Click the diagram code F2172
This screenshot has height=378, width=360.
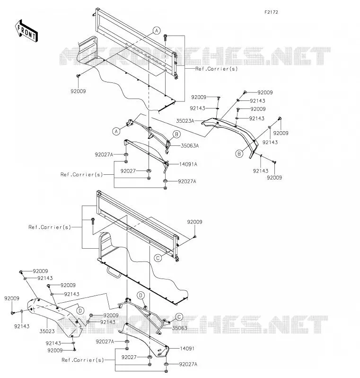(271, 12)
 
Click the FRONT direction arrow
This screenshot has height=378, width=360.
(26, 31)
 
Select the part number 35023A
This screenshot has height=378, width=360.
(185, 121)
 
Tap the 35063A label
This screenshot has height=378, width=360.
(190, 145)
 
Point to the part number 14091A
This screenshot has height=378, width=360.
(188, 164)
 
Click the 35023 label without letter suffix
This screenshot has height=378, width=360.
(47, 331)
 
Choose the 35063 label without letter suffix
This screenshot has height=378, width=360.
(180, 328)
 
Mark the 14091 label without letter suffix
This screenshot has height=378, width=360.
(187, 349)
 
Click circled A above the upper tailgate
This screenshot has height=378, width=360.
(157, 31)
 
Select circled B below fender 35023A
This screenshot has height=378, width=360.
(239, 153)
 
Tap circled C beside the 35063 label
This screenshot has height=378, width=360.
(179, 317)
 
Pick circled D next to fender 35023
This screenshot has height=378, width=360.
(80, 311)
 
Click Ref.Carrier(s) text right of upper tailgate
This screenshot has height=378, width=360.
(217, 69)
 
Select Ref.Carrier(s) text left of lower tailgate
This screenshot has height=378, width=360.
(50, 227)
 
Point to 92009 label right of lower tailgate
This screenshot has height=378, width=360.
(194, 222)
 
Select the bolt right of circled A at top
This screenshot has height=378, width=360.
(165, 37)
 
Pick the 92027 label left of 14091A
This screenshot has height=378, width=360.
(128, 171)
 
